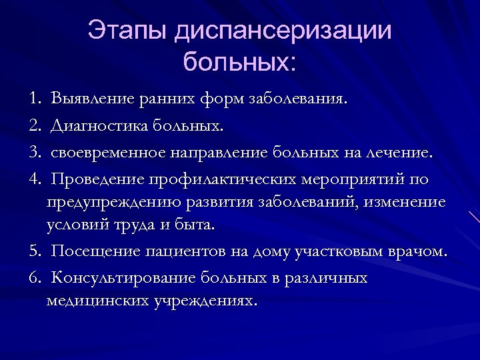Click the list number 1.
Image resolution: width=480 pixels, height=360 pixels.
pyautogui.click(x=34, y=99)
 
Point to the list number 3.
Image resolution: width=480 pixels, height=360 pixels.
pyautogui.click(x=34, y=153)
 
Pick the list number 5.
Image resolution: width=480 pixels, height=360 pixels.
pyautogui.click(x=34, y=251)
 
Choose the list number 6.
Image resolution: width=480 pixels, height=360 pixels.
pyautogui.click(x=34, y=277)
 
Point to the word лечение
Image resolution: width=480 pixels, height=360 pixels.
pyautogui.click(x=400, y=153)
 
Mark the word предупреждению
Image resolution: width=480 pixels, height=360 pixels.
pyautogui.click(x=108, y=202)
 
